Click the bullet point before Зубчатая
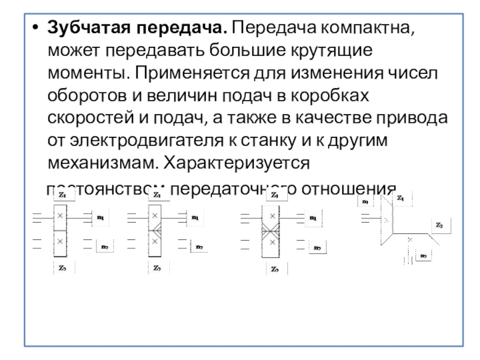tap(35, 28)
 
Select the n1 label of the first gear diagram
tap(100, 217)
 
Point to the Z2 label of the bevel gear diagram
tap(439, 226)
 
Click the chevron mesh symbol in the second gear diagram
tap(155, 229)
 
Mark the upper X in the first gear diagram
tap(59, 215)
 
